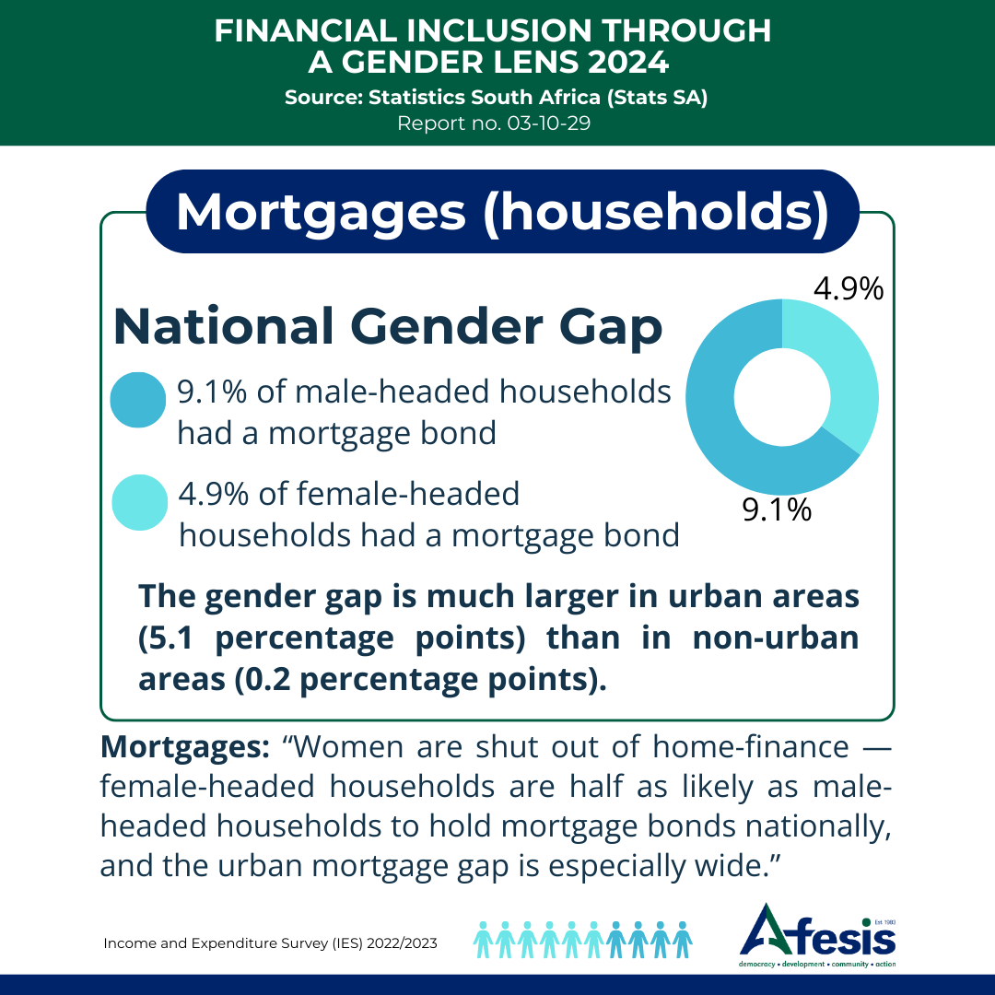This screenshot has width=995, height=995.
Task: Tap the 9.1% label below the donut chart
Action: tap(777, 509)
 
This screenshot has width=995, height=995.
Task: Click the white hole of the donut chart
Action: tap(781, 397)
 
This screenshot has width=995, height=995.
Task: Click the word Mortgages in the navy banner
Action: tap(321, 212)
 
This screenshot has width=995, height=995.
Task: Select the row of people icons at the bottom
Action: tap(582, 939)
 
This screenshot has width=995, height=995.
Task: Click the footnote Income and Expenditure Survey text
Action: tap(270, 943)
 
